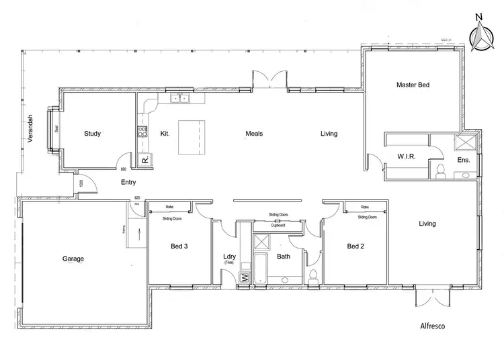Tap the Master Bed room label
pyautogui.click(x=413, y=85)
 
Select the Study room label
pyautogui.click(x=93, y=134)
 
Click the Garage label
pyautogui.click(x=73, y=259)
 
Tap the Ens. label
pyautogui.click(x=463, y=161)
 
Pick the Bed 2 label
pyautogui.click(x=355, y=246)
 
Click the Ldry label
pyautogui.click(x=229, y=256)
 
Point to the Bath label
pyautogui.click(x=284, y=257)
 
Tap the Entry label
pyautogui.click(x=128, y=182)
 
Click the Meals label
pyautogui.click(x=254, y=134)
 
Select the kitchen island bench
pyautogui.click(x=192, y=136)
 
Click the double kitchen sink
pyautogui.click(x=180, y=99)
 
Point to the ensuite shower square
pyautogui.click(x=463, y=142)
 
